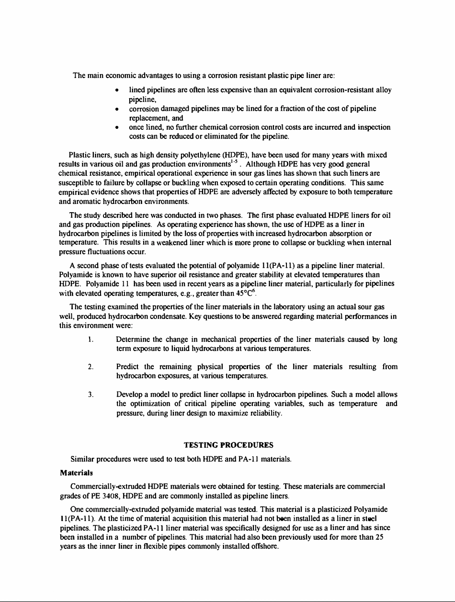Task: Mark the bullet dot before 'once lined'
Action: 118,128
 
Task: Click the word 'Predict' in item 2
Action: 127,367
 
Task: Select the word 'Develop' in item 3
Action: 129,395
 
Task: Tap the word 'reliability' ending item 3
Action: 266,413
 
